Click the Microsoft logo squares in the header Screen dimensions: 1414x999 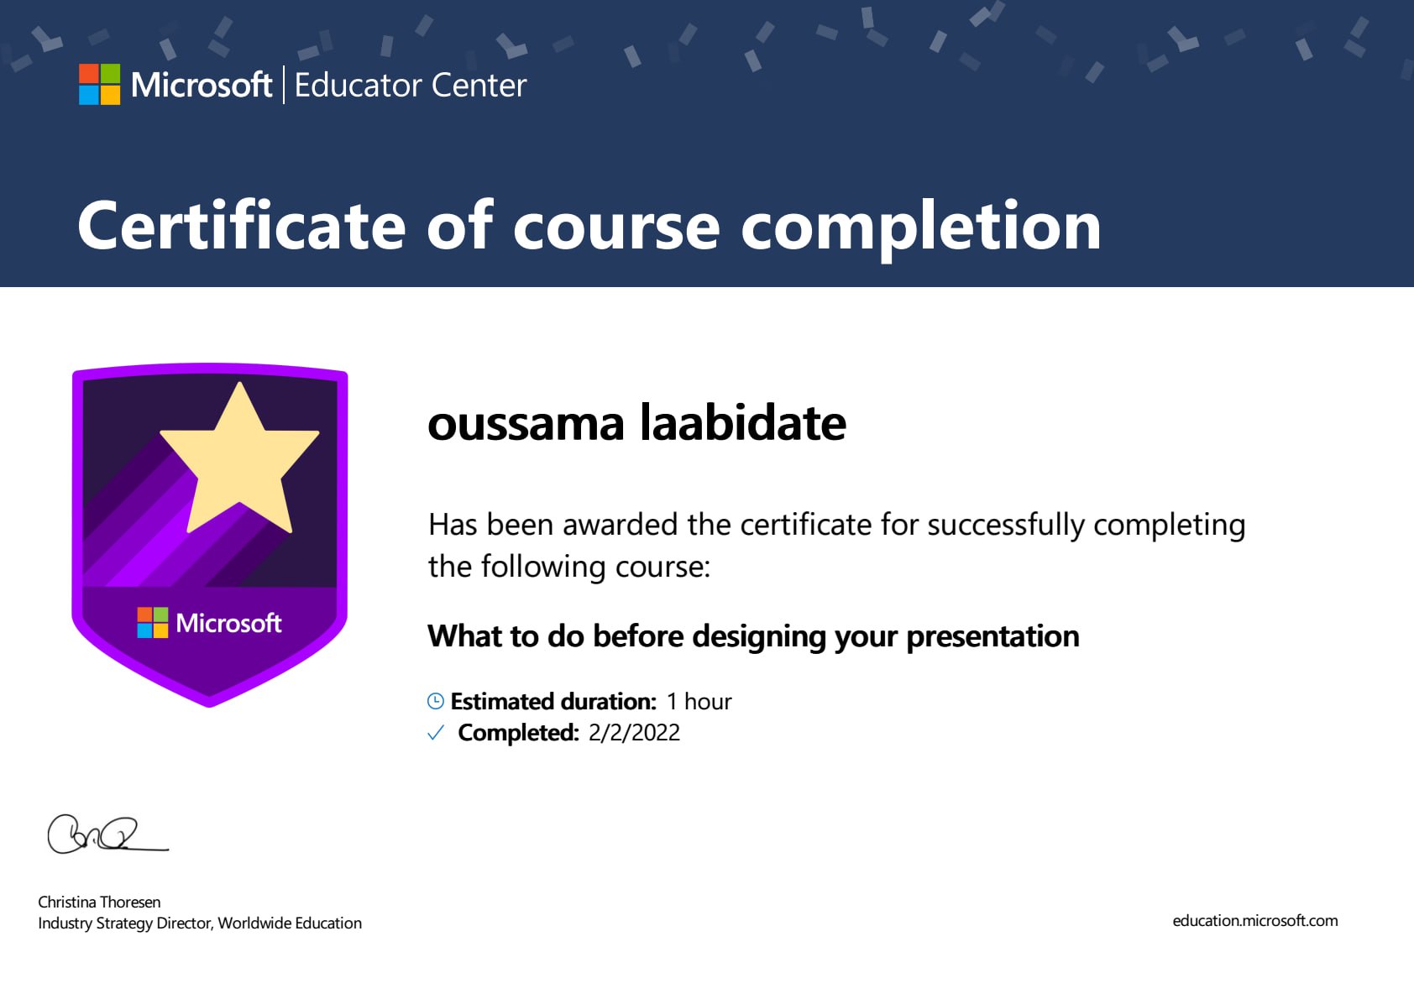click(99, 84)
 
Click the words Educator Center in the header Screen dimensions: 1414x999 click(411, 85)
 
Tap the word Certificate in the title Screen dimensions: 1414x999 click(242, 225)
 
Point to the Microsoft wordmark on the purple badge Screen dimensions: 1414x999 click(228, 623)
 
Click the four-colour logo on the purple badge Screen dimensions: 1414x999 click(153, 623)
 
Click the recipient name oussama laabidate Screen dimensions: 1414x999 click(637, 423)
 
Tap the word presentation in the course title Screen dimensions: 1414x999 click(993, 637)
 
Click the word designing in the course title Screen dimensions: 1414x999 click(759, 637)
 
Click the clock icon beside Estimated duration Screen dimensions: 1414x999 click(436, 700)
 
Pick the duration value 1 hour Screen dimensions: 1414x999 click(699, 701)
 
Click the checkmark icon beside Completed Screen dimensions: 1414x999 click(436, 733)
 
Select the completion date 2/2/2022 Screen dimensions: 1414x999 click(635, 733)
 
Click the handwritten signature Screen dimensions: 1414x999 click(107, 834)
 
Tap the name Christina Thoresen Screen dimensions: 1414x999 click(99, 902)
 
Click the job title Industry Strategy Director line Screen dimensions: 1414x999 click(200, 923)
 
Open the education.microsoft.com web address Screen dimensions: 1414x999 click(1255, 921)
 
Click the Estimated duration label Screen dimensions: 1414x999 click(553, 701)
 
